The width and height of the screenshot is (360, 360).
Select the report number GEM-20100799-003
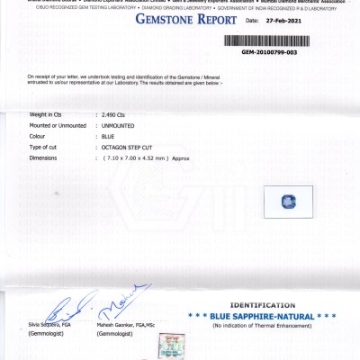tap(270, 52)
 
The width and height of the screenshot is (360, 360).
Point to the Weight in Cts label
tap(49, 115)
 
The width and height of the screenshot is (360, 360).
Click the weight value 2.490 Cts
tap(115, 115)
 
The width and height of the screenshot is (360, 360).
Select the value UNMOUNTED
tap(121, 125)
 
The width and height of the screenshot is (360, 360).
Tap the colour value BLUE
tap(111, 136)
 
